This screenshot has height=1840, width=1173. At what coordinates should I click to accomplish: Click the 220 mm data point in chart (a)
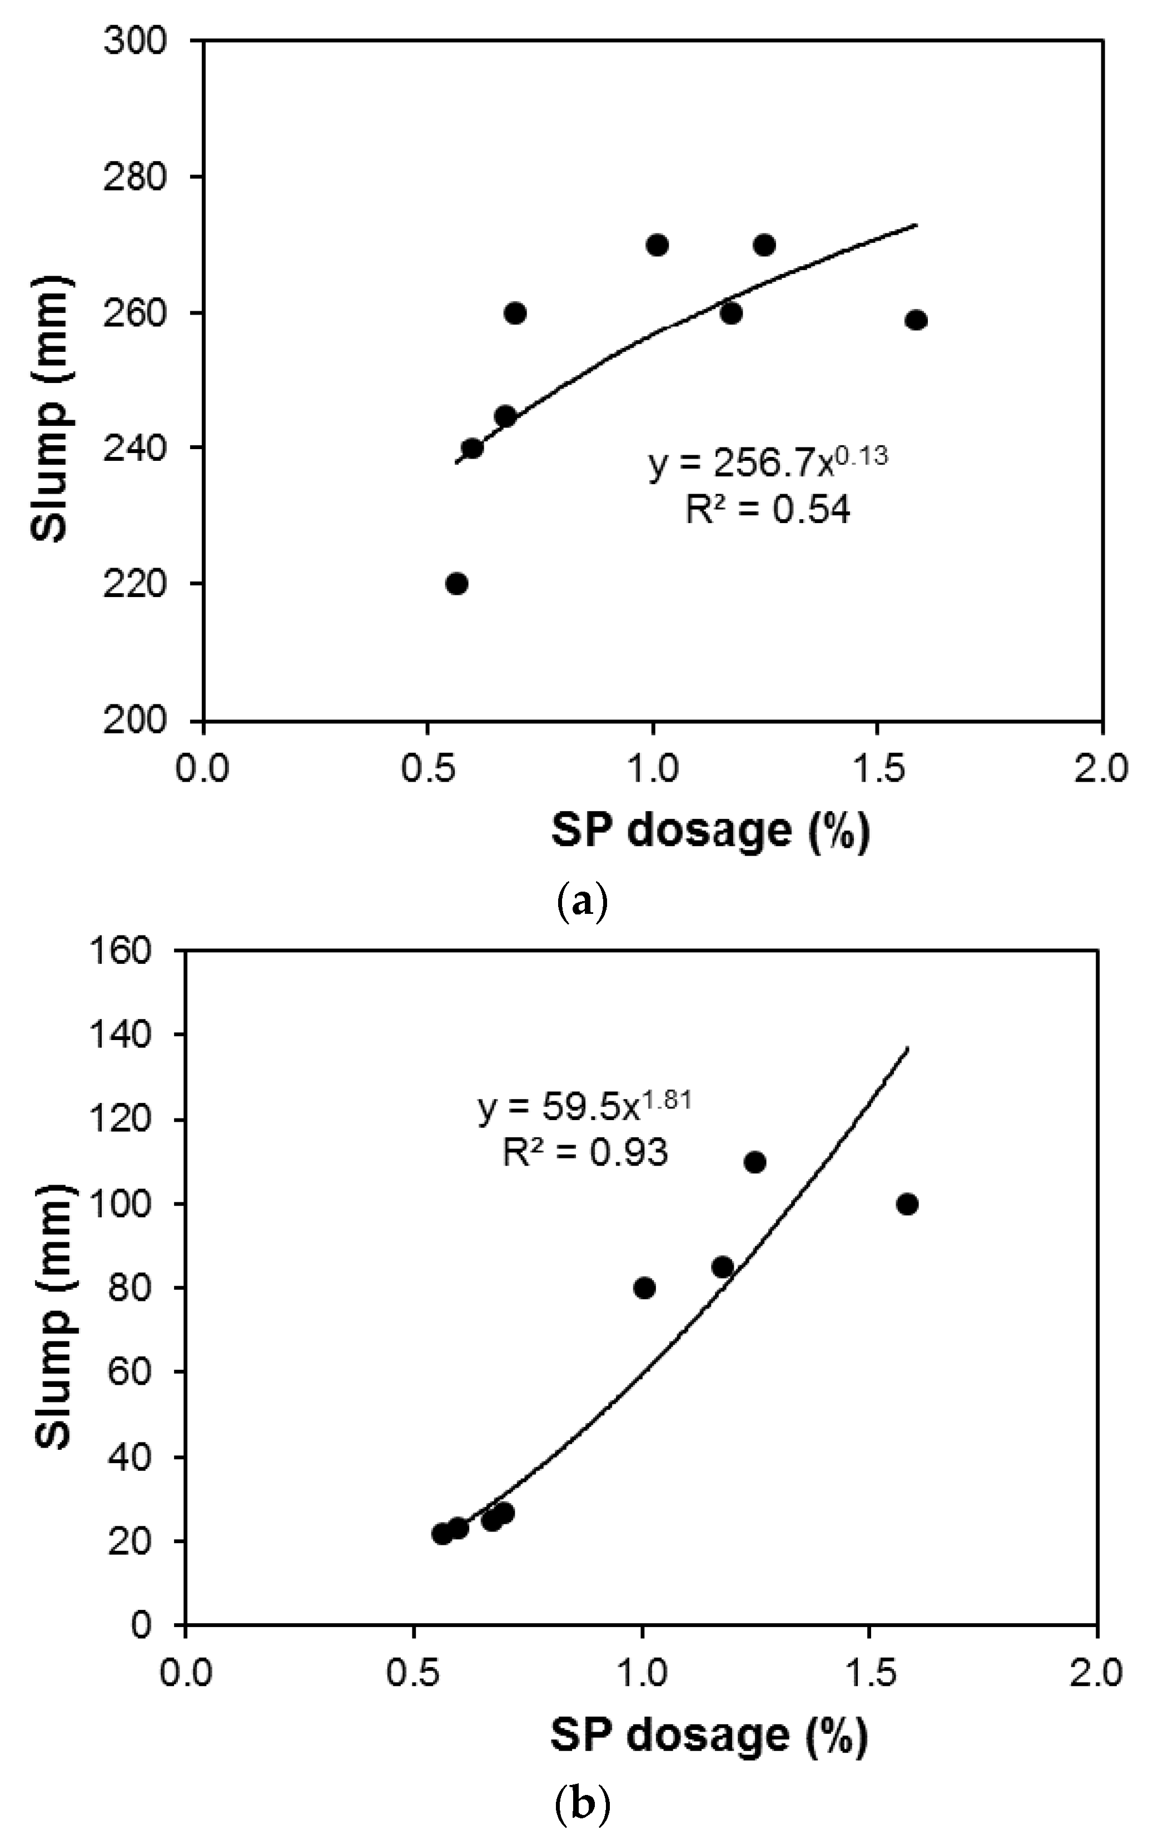(x=456, y=584)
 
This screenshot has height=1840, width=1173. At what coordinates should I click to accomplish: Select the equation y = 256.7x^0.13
(x=768, y=463)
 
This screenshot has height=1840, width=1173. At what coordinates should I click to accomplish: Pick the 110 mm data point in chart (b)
(x=755, y=1162)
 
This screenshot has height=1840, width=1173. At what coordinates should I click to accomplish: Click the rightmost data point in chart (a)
(x=916, y=320)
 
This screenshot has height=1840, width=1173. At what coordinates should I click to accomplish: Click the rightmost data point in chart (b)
(x=907, y=1204)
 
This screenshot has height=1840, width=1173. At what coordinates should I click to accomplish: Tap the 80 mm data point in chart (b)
(x=645, y=1289)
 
